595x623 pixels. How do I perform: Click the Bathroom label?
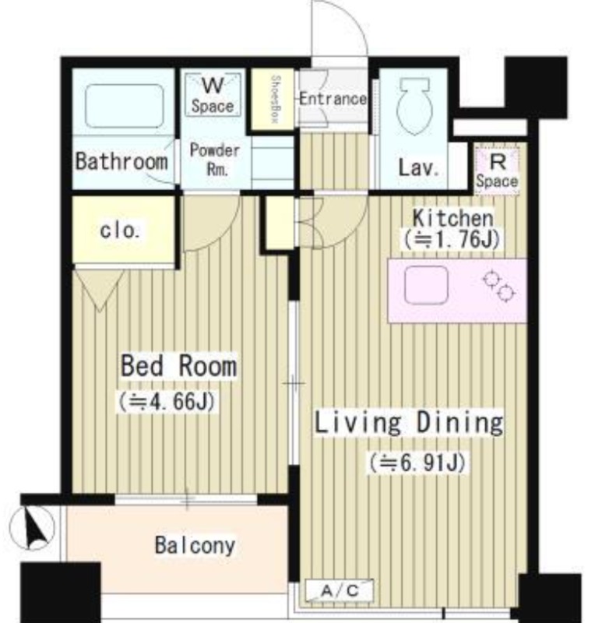(121, 161)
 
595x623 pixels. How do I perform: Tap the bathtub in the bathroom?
(125, 106)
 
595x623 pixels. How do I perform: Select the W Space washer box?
(213, 94)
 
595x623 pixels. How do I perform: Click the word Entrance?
(333, 99)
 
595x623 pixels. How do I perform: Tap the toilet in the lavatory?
(414, 106)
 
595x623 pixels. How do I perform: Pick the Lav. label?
(419, 168)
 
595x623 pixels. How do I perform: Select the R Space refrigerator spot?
(497, 170)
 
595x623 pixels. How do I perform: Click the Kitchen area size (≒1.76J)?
(452, 240)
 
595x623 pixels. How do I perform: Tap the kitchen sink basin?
(426, 285)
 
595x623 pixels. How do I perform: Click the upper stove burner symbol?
(491, 279)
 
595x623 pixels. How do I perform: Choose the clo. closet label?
(119, 231)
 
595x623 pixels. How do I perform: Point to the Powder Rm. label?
(215, 160)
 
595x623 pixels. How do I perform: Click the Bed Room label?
(178, 366)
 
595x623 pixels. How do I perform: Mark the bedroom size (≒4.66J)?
(167, 402)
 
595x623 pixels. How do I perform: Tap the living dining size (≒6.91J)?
(417, 463)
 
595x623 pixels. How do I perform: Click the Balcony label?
(195, 545)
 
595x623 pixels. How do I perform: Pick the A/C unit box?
(340, 590)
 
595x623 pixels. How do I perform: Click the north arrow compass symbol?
(32, 528)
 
